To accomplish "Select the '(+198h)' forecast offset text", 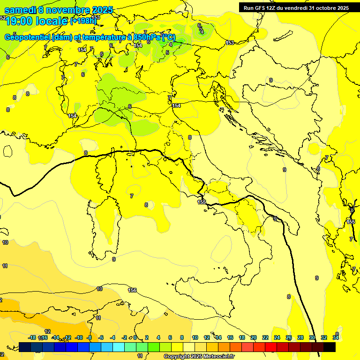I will pos(83,22).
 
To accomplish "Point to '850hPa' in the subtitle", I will pos(145,37).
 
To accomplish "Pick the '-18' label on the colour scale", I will pos(32,337).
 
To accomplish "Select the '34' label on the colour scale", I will pos(336,337).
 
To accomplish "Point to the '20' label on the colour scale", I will pos(254,337).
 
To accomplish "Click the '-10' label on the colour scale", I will pos(79,337).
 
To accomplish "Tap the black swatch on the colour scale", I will pos(330,347).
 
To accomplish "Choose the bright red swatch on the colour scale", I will pos(271,347).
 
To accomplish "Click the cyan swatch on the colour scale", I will pos(119,347).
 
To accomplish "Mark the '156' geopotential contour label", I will pos(133,291).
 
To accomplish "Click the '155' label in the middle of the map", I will pos(202,202).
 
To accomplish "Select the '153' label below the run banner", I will pos(230,43).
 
